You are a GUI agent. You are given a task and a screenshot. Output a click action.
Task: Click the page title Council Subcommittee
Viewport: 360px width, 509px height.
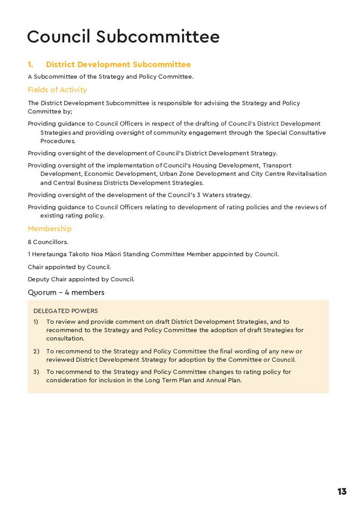(x=123, y=37)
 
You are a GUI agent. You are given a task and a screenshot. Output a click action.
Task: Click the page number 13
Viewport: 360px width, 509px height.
(x=342, y=491)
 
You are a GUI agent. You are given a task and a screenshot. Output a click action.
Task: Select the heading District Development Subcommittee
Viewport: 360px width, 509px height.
(x=118, y=64)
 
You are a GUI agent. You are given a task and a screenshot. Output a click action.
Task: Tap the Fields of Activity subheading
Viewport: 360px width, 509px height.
(x=57, y=90)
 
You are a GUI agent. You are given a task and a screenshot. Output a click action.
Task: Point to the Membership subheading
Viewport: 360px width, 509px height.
(x=50, y=229)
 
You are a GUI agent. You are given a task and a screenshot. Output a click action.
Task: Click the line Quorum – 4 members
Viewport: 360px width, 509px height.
(x=66, y=293)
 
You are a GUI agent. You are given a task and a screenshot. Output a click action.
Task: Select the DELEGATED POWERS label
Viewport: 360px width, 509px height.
(x=65, y=311)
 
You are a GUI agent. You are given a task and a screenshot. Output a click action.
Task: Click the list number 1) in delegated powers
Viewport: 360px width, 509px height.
(x=36, y=322)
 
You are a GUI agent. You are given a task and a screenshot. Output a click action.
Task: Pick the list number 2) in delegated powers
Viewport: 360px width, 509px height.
(x=36, y=351)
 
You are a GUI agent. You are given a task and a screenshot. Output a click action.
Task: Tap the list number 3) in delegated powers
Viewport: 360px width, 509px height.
(x=36, y=372)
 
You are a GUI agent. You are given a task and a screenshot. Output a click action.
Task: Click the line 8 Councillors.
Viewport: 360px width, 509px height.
(x=48, y=242)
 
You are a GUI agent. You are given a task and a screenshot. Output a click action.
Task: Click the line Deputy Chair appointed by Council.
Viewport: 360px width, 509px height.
(x=81, y=279)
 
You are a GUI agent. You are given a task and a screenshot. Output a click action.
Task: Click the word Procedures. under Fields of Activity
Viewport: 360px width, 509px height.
(x=58, y=141)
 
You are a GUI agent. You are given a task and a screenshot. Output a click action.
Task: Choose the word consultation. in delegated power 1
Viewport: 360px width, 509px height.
(x=65, y=338)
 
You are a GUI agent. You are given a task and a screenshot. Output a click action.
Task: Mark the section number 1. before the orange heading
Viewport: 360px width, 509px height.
(x=31, y=64)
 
